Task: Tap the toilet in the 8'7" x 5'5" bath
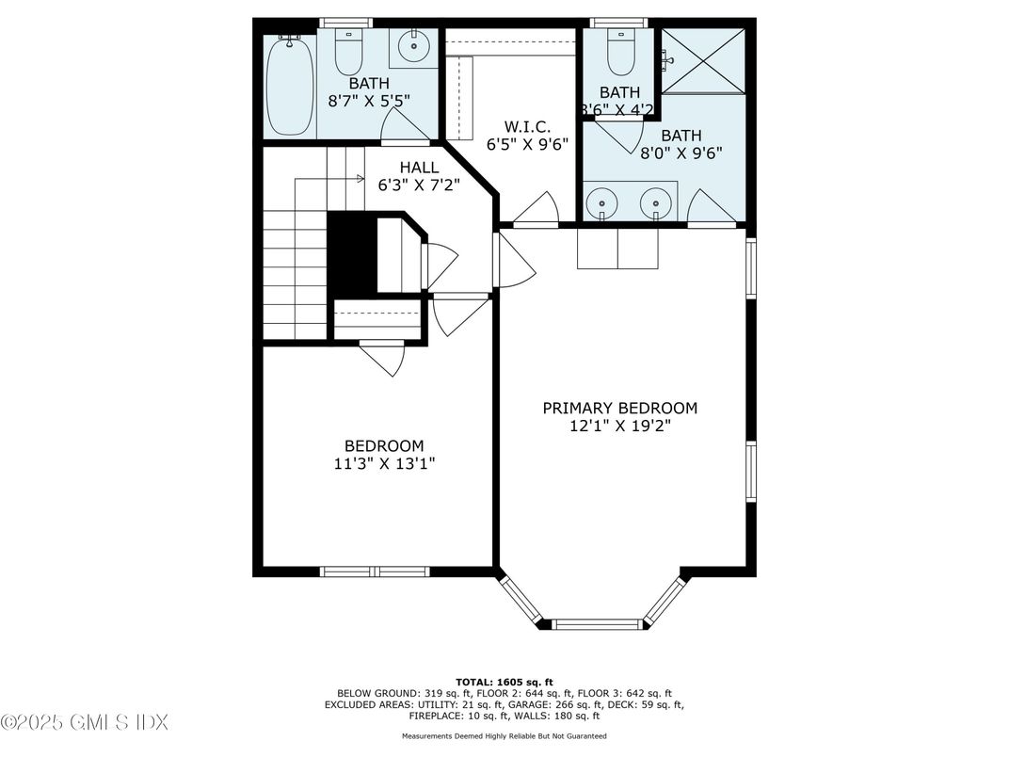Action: pyautogui.click(x=349, y=54)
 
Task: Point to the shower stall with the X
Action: pyautogui.click(x=703, y=61)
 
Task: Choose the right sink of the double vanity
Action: pyautogui.click(x=655, y=202)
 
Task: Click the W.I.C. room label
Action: pyautogui.click(x=526, y=126)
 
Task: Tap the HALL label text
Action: pyautogui.click(x=419, y=167)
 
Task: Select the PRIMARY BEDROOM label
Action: pyautogui.click(x=619, y=408)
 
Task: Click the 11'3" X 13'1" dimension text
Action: pyautogui.click(x=383, y=463)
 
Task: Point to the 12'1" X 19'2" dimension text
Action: pyautogui.click(x=619, y=426)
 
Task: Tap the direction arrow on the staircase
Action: pyautogui.click(x=359, y=178)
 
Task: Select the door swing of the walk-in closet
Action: pyautogui.click(x=539, y=209)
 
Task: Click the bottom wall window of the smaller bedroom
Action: pyautogui.click(x=375, y=572)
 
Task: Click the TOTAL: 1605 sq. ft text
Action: pyautogui.click(x=504, y=681)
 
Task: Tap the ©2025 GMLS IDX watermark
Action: pyautogui.click(x=85, y=723)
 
